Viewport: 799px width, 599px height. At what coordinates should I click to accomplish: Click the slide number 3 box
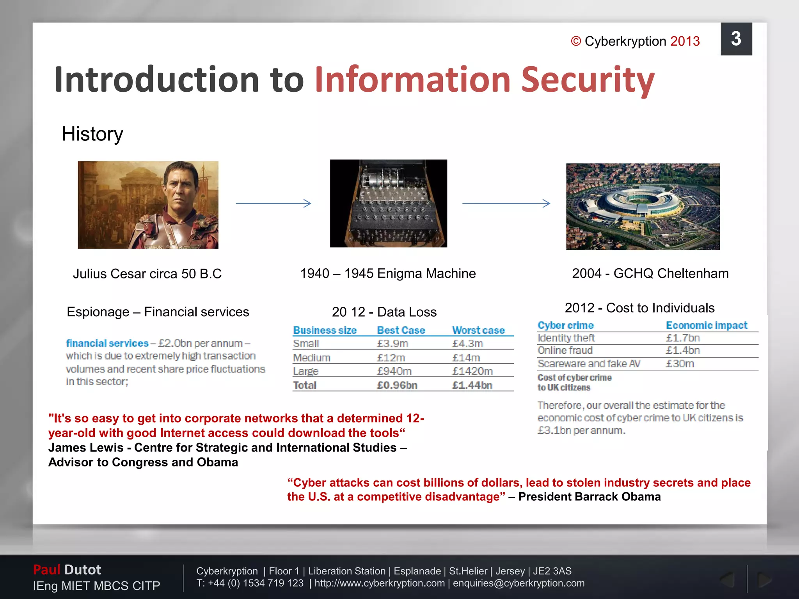(x=736, y=39)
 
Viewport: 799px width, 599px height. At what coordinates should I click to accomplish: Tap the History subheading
(x=92, y=134)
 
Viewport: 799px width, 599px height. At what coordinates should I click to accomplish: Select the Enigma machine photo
(x=389, y=203)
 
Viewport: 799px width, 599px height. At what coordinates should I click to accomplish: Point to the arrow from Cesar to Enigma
(x=273, y=203)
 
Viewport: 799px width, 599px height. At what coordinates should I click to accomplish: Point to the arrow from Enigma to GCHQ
(x=506, y=203)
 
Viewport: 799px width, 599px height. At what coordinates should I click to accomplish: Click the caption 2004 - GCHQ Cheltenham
(x=650, y=273)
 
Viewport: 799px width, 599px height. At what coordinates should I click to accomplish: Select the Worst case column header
(x=478, y=330)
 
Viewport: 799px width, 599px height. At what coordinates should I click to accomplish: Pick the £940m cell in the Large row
(x=394, y=371)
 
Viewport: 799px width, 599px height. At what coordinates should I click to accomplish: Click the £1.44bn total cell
(x=472, y=385)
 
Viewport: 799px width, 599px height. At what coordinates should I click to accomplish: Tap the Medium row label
(x=312, y=358)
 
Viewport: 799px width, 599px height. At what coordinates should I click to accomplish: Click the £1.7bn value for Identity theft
(x=683, y=338)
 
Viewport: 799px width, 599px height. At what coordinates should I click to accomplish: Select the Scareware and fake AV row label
(x=589, y=363)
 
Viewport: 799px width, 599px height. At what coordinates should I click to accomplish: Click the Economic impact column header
(x=707, y=325)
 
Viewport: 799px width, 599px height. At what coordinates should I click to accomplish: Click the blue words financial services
(x=107, y=343)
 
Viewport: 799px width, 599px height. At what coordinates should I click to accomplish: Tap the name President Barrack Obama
(x=589, y=497)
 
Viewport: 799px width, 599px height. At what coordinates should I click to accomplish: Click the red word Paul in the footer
(x=46, y=570)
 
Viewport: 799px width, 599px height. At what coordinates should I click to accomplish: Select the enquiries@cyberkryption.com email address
(x=518, y=583)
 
